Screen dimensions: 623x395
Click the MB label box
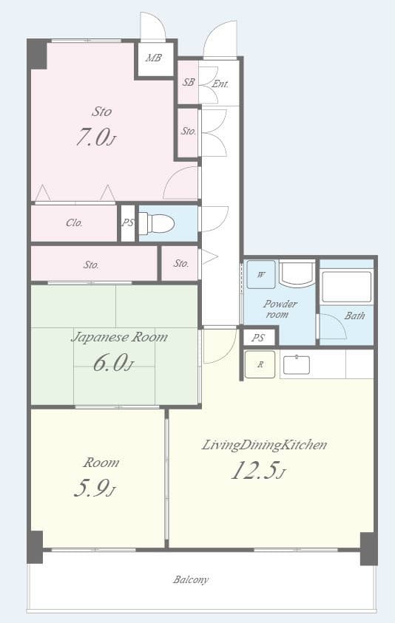(x=154, y=58)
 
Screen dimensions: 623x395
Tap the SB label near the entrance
(x=189, y=83)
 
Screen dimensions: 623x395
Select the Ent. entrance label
(x=220, y=84)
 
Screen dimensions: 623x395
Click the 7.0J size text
(x=96, y=137)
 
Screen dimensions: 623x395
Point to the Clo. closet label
(x=74, y=222)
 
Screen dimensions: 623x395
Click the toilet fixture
(x=157, y=223)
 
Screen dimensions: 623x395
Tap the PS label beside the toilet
(x=128, y=223)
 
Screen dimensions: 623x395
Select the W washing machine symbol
(x=260, y=274)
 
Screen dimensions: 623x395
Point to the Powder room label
(x=280, y=309)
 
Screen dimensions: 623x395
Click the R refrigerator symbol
(x=260, y=364)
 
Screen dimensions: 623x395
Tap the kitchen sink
(x=296, y=364)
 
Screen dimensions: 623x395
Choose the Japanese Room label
(x=118, y=337)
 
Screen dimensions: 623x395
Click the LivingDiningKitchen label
(x=264, y=445)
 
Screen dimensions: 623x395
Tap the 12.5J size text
(x=257, y=471)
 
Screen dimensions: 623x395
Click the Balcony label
(x=191, y=579)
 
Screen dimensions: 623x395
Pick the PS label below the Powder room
(x=258, y=338)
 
